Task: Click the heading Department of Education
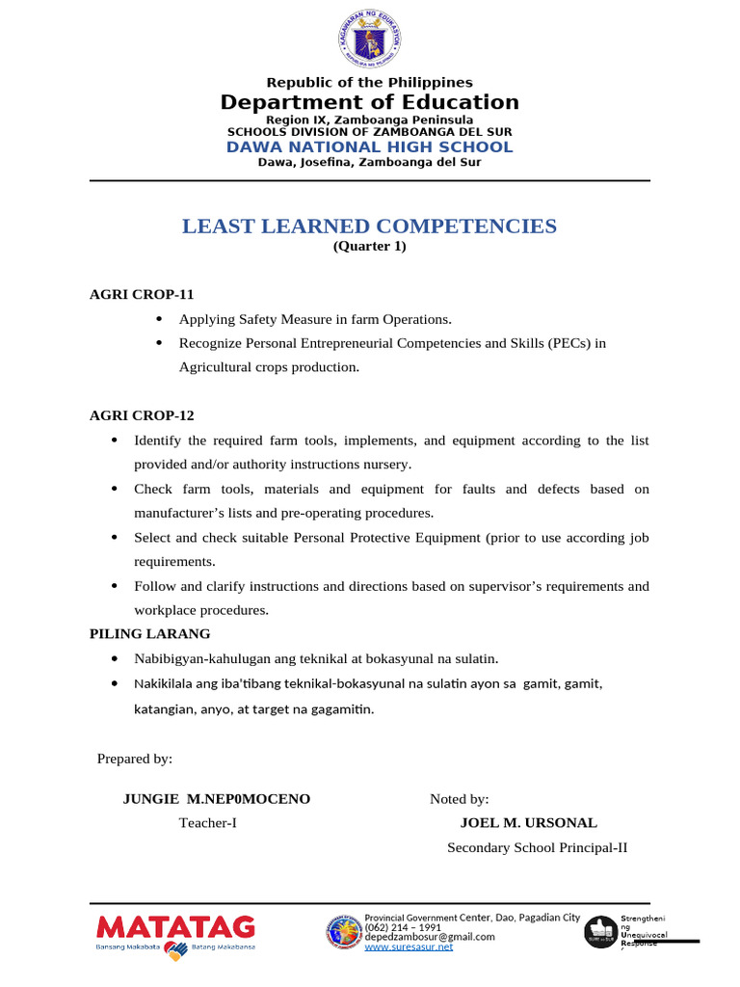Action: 370,102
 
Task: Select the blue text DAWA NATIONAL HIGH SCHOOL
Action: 370,147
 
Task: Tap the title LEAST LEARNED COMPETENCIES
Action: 370,227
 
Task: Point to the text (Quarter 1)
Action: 370,247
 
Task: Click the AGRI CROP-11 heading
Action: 142,294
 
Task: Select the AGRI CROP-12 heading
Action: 142,415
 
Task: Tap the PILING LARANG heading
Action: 149,633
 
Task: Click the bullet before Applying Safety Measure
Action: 159,319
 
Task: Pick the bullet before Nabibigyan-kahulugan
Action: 115,658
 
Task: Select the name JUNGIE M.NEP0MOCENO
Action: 217,799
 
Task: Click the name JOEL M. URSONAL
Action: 529,823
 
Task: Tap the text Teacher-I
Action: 208,823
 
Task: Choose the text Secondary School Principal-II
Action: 538,848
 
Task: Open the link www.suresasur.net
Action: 409,947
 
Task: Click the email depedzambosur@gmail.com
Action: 430,936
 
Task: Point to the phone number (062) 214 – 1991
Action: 403,926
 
